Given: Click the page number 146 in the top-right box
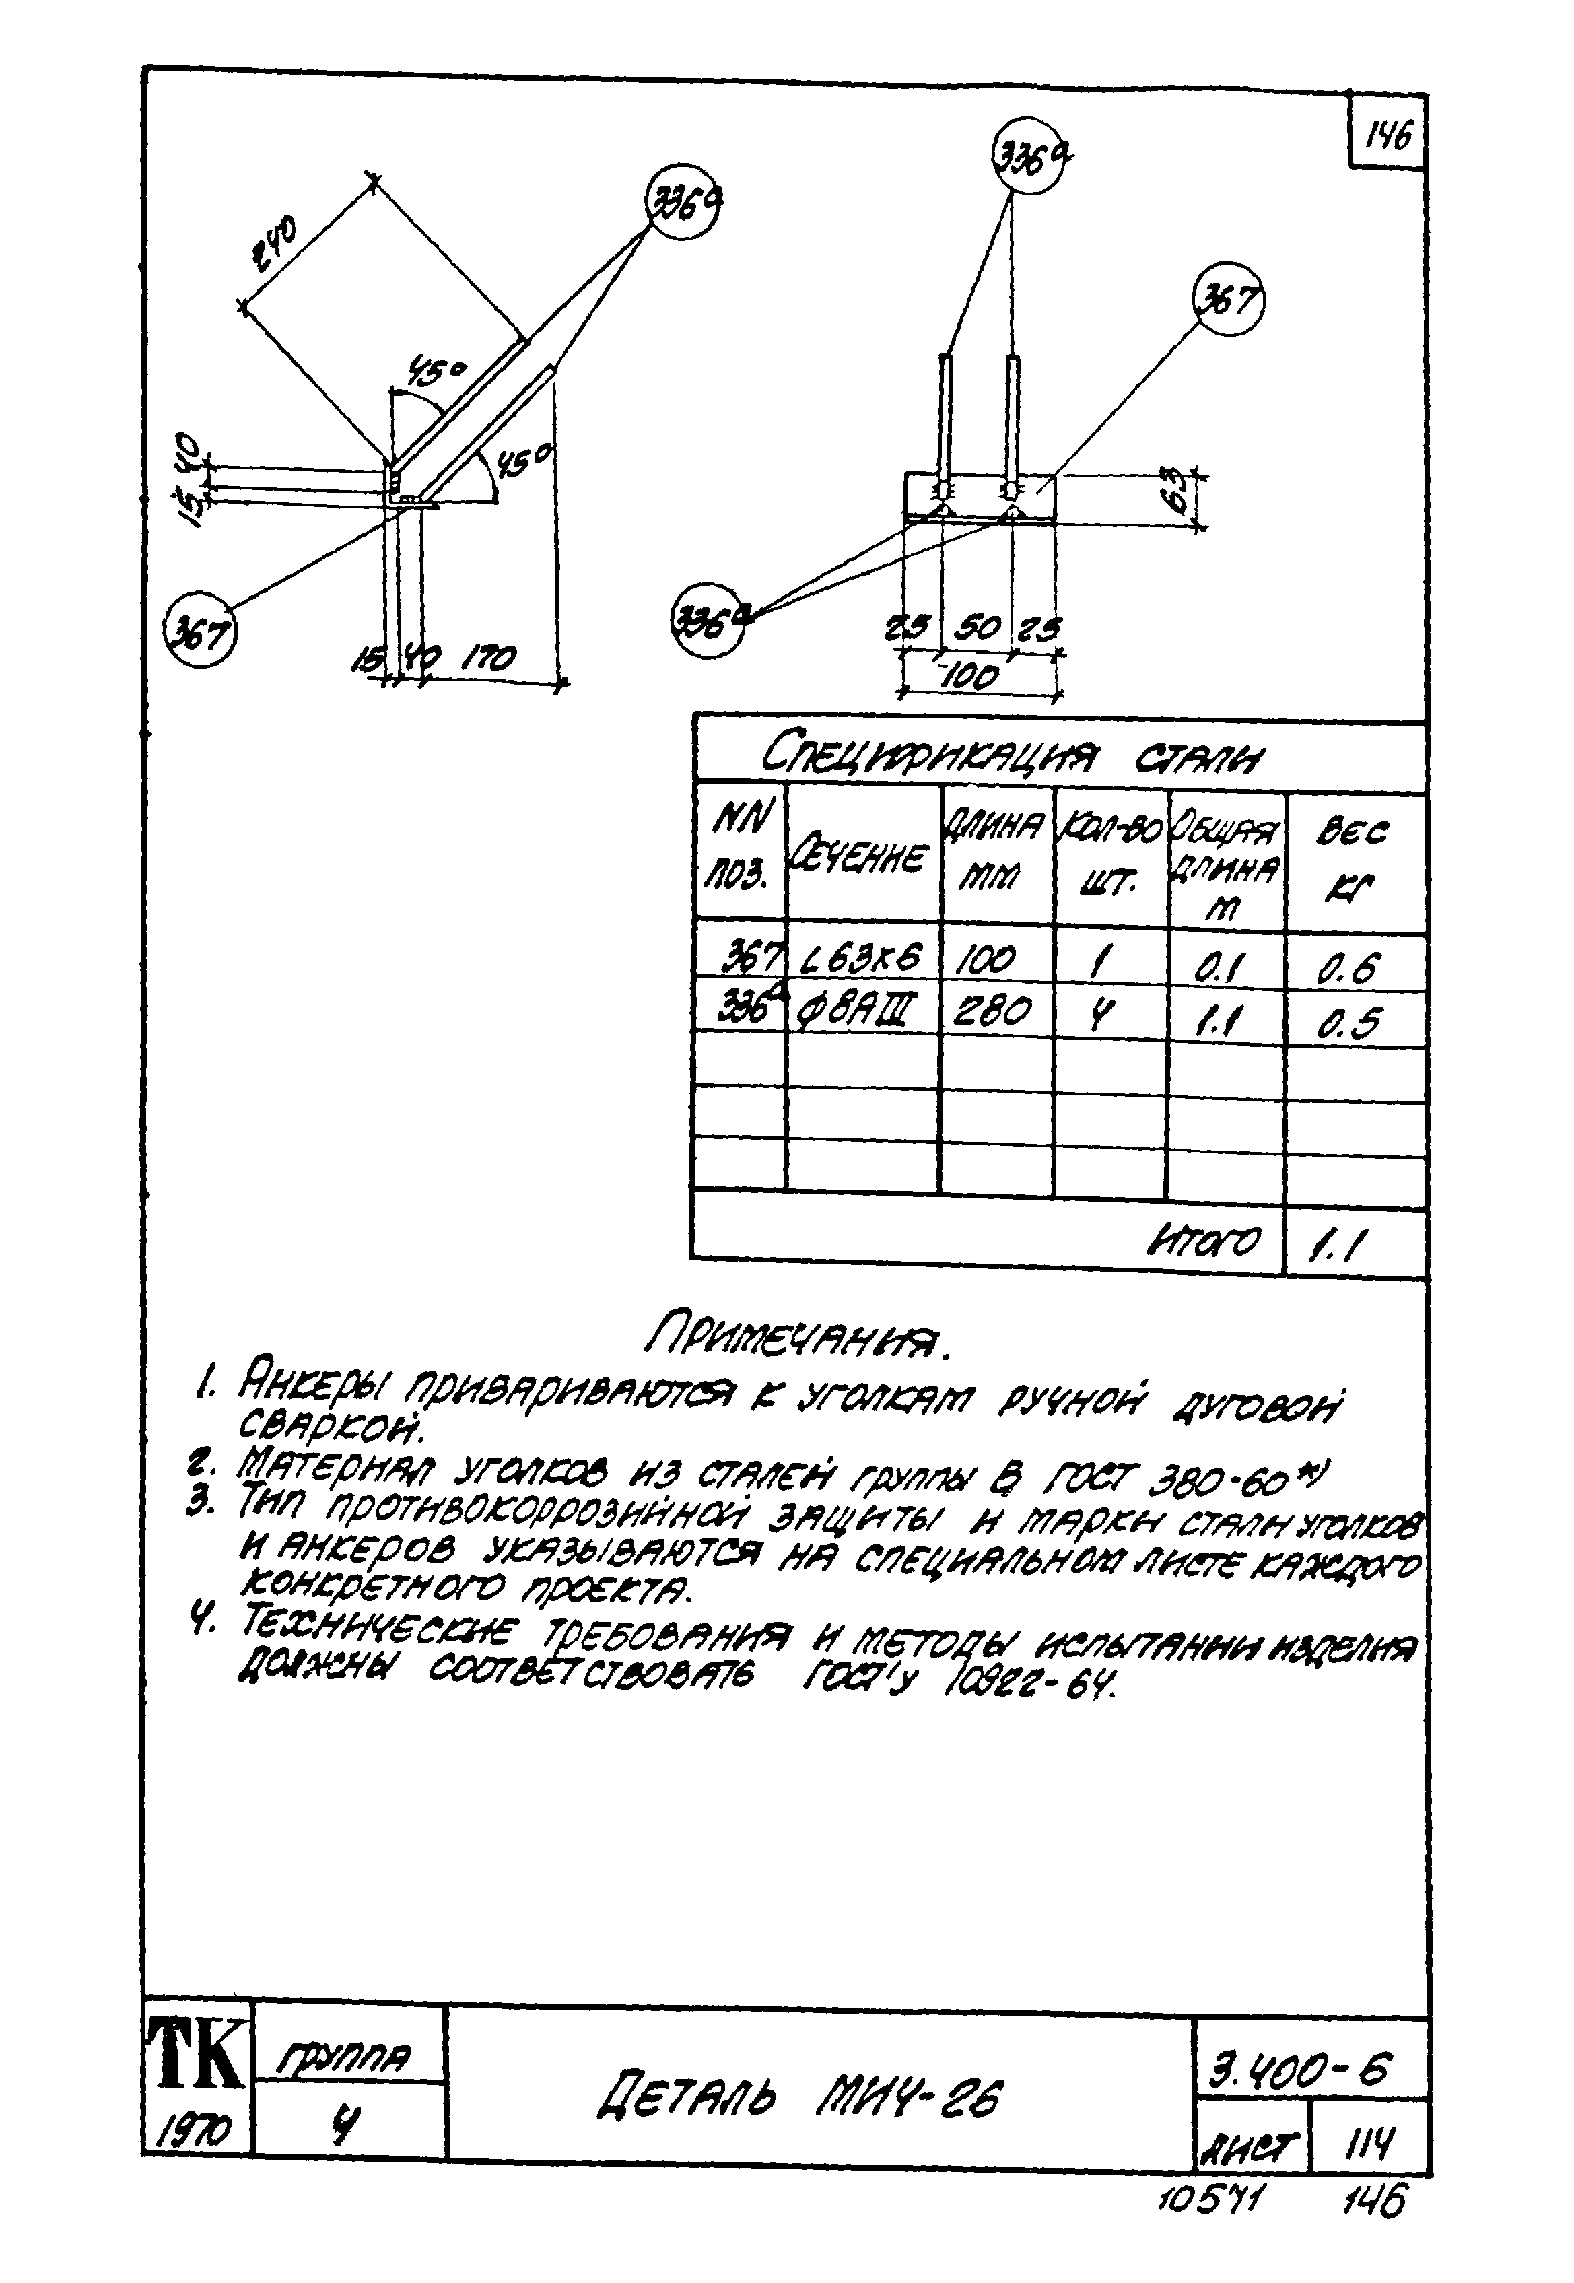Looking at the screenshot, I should pos(1388,134).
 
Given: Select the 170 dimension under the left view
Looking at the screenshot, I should pos(488,657).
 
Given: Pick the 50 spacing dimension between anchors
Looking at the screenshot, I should pos(976,628).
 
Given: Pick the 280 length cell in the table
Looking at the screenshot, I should pos(993,1010).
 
